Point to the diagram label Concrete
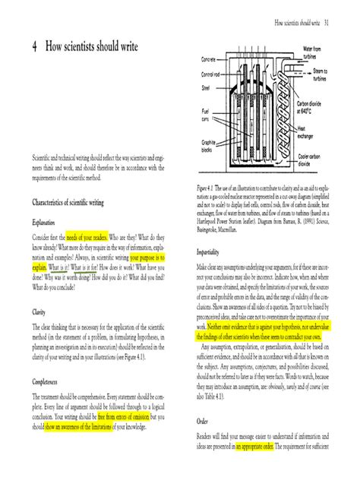[209, 60]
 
